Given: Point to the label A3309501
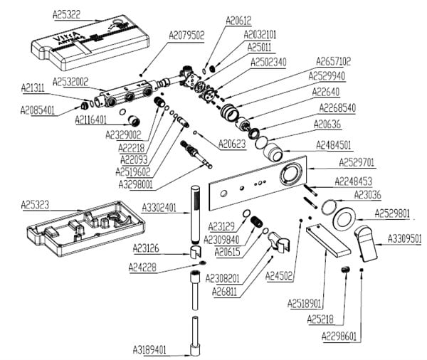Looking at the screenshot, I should pos(405,238).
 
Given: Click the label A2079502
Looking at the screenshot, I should pos(187,34).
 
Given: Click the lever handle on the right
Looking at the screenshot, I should pos(371,242).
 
